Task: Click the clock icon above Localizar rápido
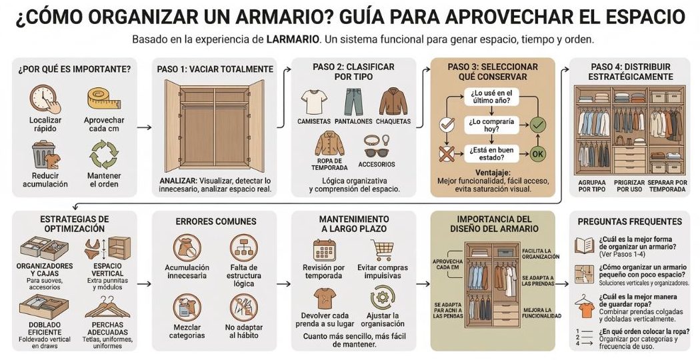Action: [42, 99]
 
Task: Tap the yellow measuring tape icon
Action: [104, 98]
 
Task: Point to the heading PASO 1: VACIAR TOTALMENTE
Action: [215, 69]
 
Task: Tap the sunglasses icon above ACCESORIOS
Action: [376, 144]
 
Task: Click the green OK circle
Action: [537, 154]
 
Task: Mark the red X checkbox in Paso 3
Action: [445, 154]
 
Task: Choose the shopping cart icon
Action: [383, 249]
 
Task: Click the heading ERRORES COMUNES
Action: [207, 221]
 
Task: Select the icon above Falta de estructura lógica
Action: [243, 248]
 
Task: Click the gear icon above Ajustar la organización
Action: [383, 296]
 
